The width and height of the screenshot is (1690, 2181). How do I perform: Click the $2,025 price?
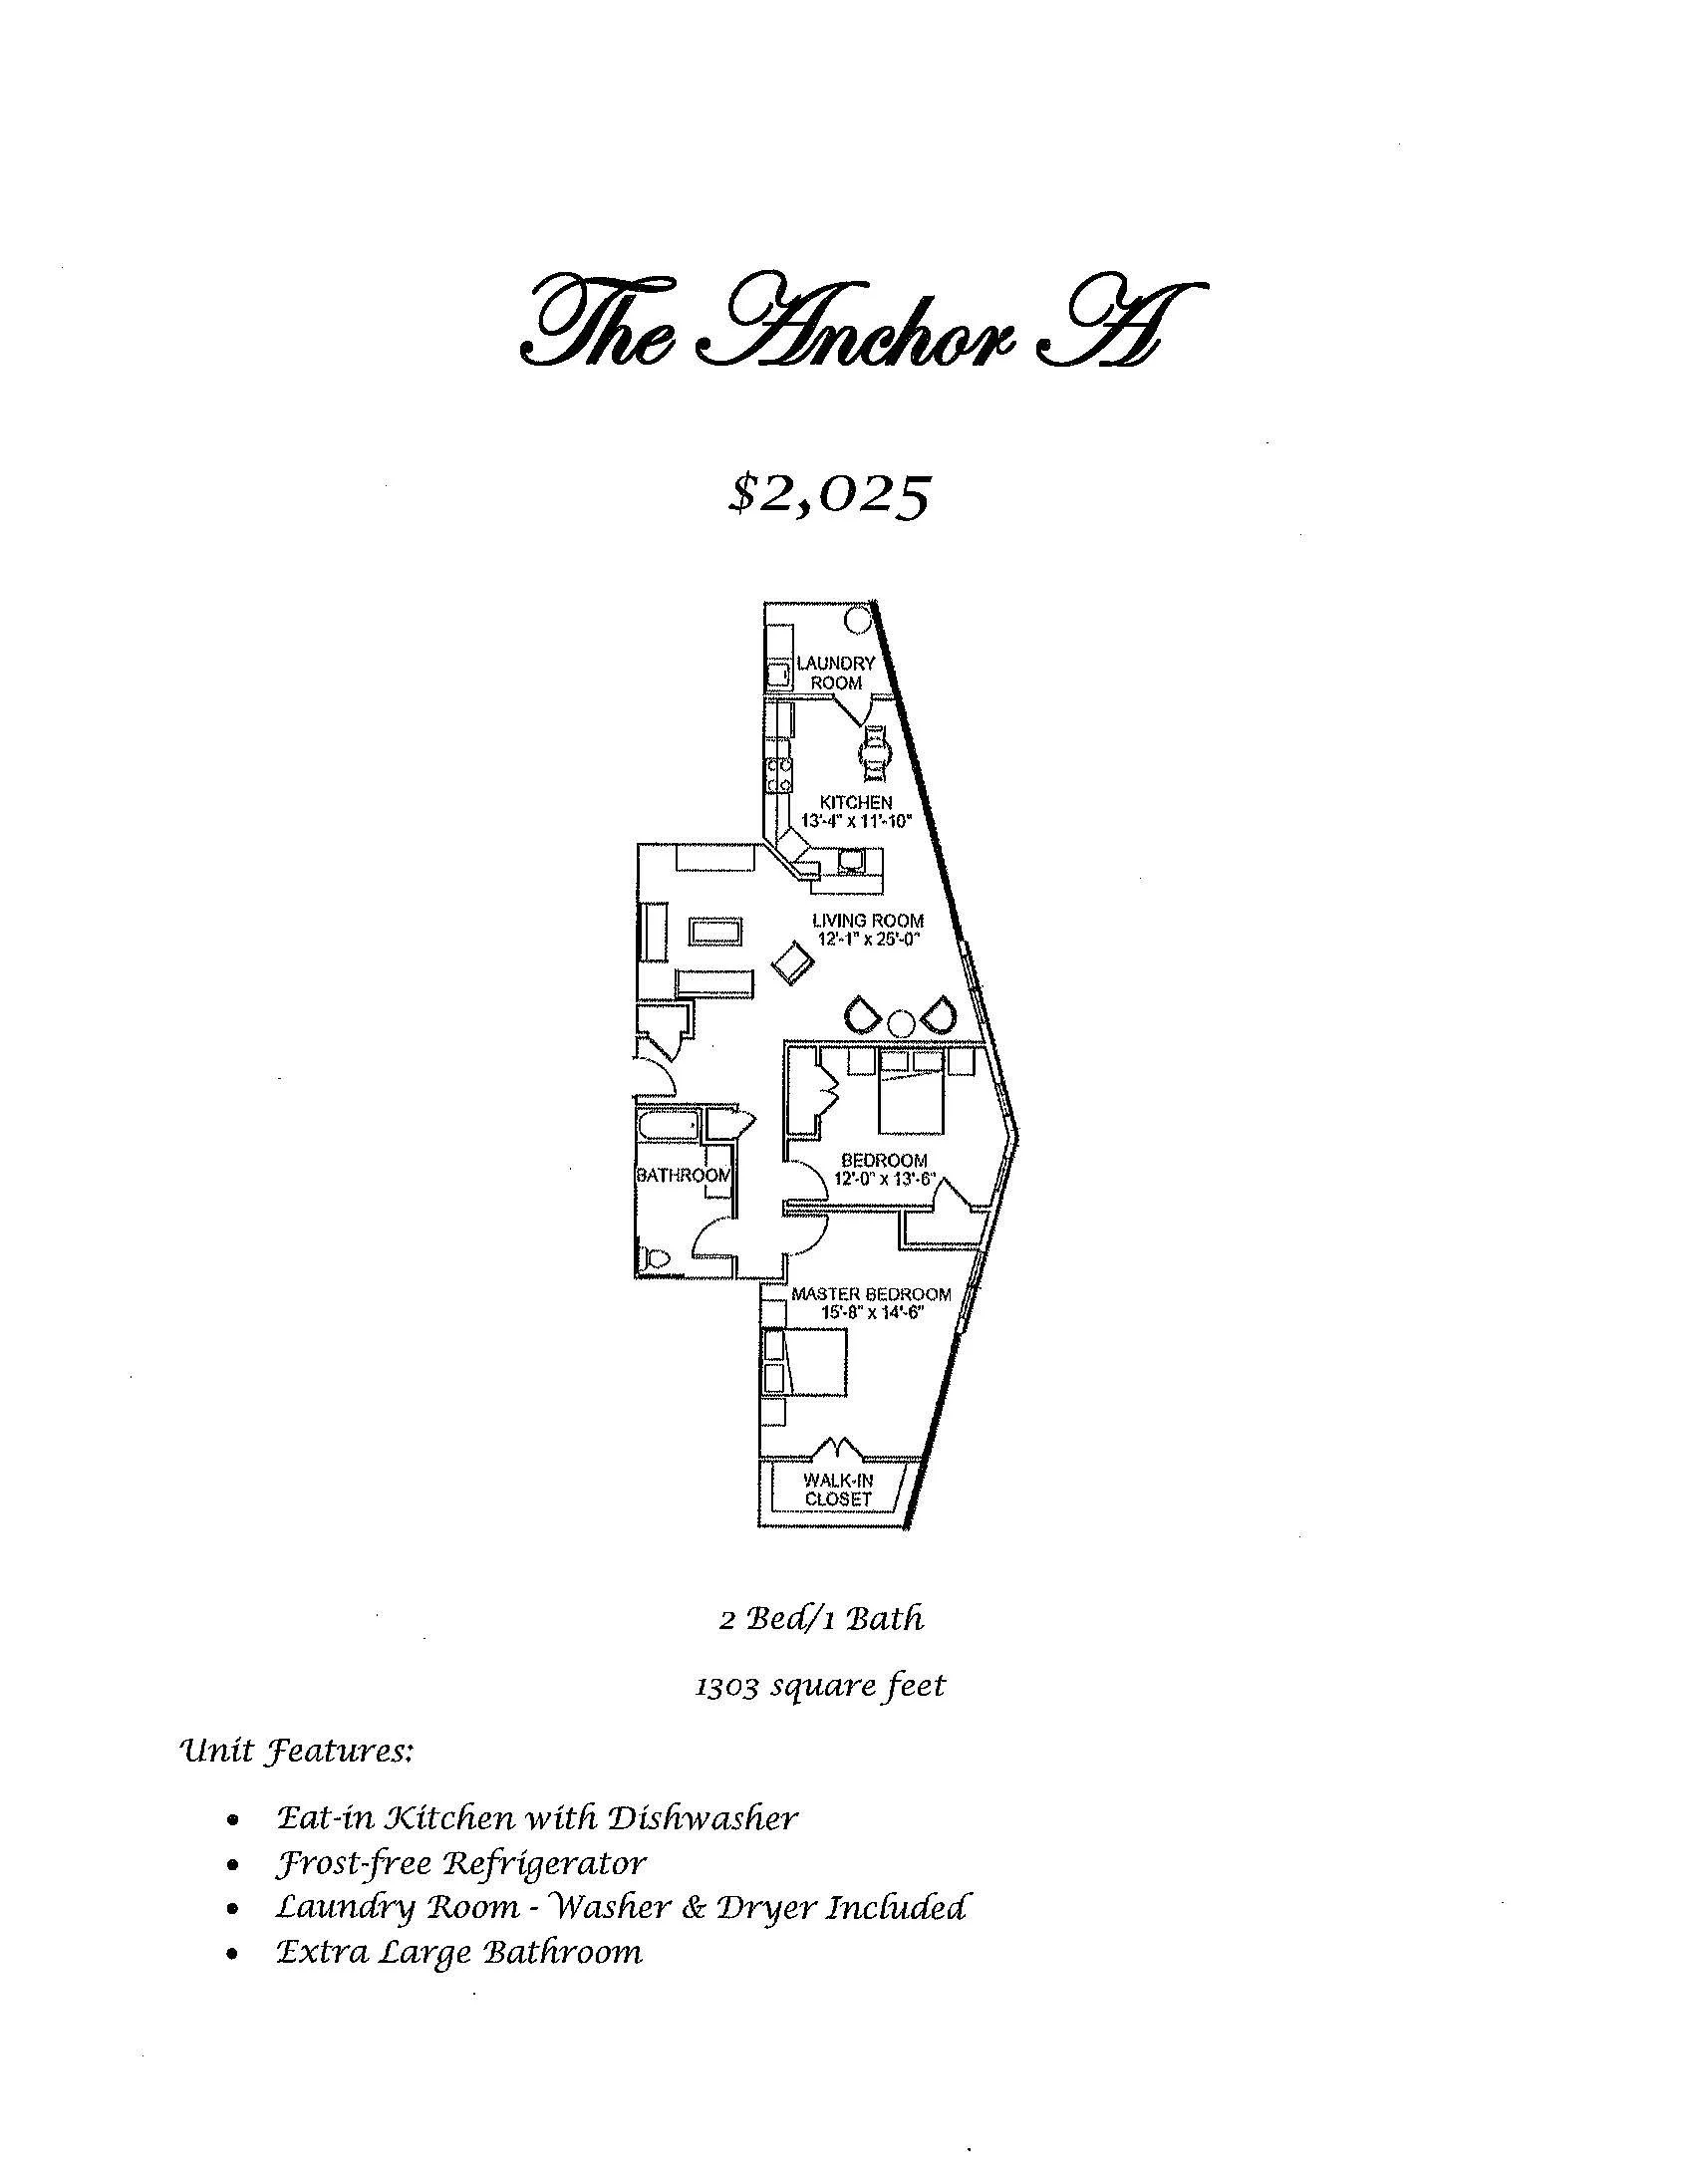pos(830,494)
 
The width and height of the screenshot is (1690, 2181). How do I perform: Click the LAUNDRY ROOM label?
pos(835,673)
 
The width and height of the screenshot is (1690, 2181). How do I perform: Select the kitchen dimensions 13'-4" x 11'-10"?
pos(857,820)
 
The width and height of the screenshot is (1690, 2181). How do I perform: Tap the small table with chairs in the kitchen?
pos(874,752)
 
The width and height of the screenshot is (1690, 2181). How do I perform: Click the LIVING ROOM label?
pos(867,920)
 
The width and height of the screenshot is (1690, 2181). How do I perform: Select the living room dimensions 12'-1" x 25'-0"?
pos(867,939)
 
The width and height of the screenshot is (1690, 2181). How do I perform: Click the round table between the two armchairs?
pos(902,1022)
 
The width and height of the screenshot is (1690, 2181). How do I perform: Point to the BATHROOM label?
pos(684,1175)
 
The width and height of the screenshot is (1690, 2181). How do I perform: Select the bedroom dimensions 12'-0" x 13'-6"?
pos(884,1179)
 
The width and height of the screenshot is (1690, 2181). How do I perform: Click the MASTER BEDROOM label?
pos(871,1294)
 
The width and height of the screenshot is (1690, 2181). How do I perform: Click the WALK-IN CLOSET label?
pos(838,1490)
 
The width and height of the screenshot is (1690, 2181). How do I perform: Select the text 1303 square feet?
pos(819,1686)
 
